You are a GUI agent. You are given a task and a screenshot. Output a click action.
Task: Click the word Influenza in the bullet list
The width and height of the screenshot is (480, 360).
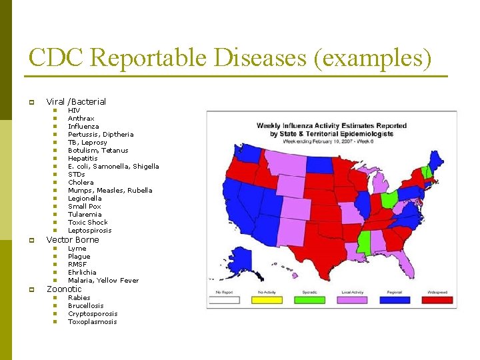click(83, 126)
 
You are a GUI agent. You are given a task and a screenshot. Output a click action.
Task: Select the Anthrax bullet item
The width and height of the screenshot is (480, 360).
click(81, 118)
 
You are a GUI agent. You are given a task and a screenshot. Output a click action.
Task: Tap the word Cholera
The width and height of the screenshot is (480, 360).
click(81, 182)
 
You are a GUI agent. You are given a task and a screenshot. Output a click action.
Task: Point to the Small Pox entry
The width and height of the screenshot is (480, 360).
click(85, 206)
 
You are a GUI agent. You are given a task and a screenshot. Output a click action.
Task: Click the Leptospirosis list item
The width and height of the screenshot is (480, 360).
click(90, 230)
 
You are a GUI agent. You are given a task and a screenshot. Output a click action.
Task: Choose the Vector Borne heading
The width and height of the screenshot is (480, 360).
click(72, 239)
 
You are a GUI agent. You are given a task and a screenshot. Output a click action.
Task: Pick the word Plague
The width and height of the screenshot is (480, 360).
click(79, 256)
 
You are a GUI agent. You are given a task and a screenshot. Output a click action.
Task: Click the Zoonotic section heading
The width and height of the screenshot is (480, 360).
click(63, 289)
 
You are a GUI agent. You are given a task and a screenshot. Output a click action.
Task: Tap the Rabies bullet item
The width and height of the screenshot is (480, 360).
click(79, 297)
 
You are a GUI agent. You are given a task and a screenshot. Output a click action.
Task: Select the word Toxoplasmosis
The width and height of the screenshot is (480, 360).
click(92, 321)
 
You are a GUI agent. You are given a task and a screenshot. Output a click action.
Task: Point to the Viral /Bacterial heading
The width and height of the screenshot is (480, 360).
click(75, 101)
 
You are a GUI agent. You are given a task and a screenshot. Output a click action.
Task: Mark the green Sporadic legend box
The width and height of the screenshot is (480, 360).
click(311, 300)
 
